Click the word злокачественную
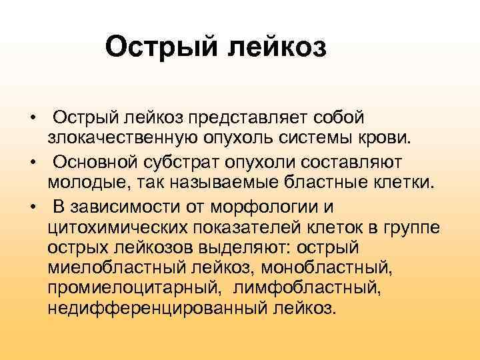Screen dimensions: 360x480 pyautogui.click(x=118, y=139)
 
